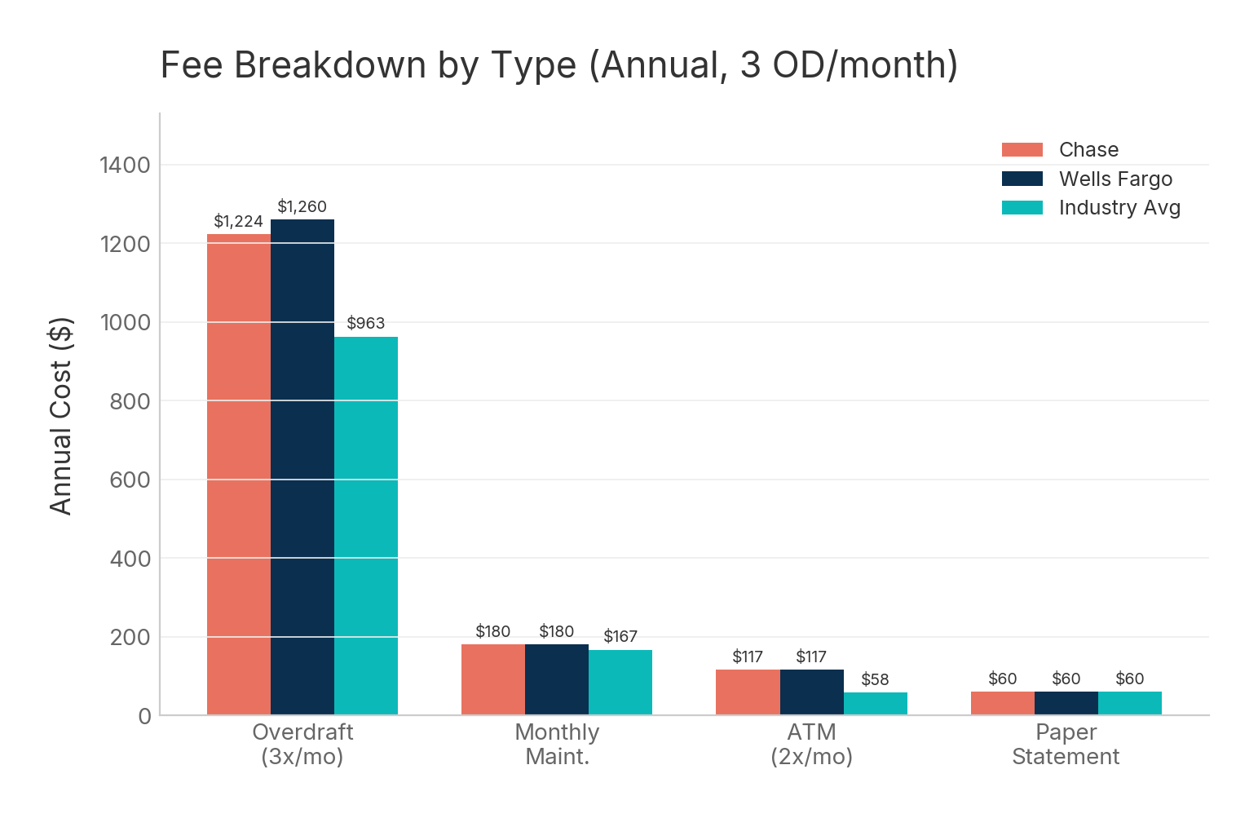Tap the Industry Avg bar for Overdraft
click(365, 526)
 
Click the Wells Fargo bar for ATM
click(811, 692)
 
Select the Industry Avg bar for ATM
click(875, 704)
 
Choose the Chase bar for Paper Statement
click(1002, 703)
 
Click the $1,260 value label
click(302, 207)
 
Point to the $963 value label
click(365, 324)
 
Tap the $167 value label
click(620, 637)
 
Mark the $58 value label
click(875, 680)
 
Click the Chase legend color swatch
click(1022, 150)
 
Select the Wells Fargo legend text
click(1115, 179)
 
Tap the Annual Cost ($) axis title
click(61, 416)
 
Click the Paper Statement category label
click(1066, 745)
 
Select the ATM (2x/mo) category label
click(811, 745)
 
